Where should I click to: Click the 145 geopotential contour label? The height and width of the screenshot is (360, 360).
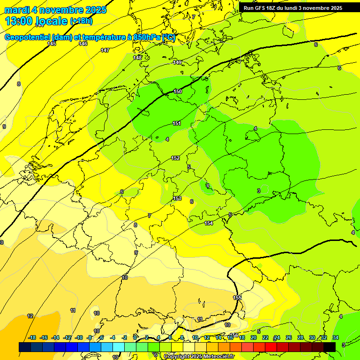52,44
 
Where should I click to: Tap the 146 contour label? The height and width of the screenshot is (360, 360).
83,44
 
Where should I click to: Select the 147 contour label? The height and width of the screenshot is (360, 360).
105,50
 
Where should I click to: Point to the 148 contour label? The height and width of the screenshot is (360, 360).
137,58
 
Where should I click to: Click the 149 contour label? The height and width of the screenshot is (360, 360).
177,62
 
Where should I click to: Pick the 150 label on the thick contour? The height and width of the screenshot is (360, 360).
178,91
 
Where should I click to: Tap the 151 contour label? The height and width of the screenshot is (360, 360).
177,123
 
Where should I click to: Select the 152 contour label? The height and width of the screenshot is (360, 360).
175,158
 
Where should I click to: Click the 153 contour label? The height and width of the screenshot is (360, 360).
177,198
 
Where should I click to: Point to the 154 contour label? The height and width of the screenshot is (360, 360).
209,223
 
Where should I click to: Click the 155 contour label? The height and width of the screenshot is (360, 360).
237,298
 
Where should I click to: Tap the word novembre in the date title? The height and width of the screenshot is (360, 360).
63,10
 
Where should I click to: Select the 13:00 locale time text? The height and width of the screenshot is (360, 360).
37,21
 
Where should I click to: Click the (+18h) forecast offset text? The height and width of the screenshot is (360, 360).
81,21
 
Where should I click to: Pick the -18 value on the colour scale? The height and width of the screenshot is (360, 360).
32,337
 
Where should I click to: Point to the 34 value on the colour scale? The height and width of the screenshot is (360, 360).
335,337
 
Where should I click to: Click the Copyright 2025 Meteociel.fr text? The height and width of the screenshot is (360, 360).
199,356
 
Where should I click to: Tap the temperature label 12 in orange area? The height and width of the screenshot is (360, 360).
30,316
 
